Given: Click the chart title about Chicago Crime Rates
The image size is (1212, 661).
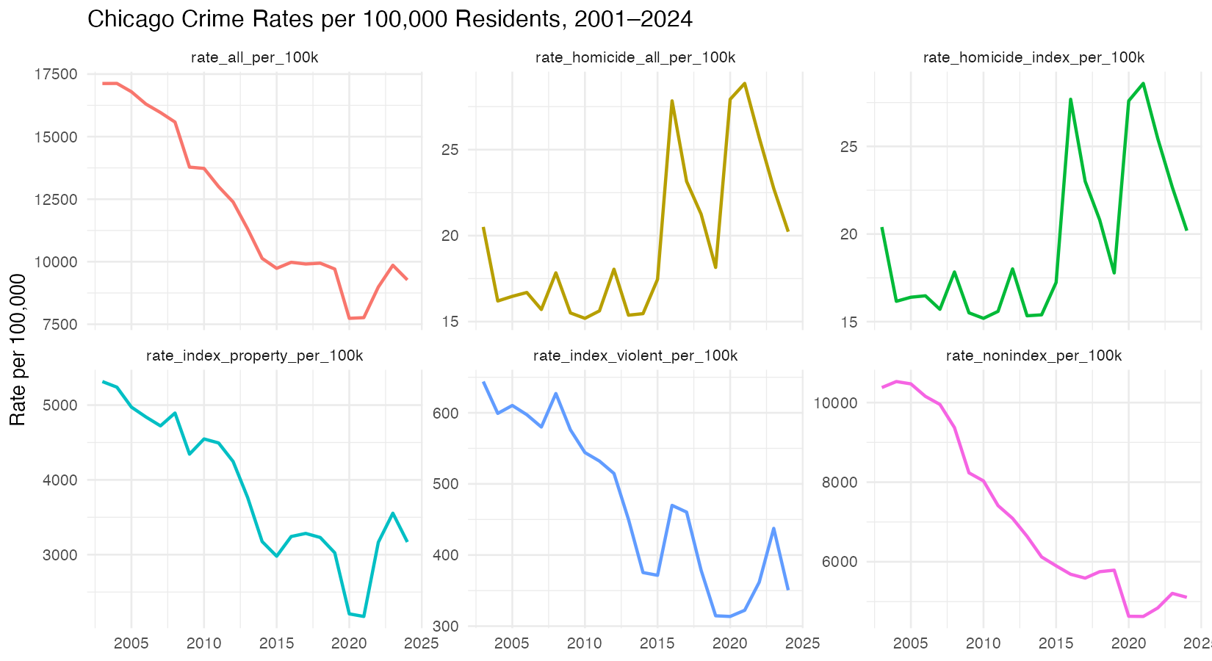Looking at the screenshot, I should (x=389, y=19).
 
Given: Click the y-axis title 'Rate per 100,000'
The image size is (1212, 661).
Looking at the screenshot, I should (x=18, y=350).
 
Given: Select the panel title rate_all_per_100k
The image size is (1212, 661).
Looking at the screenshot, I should (x=254, y=58).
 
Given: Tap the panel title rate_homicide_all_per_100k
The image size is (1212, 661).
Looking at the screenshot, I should (x=635, y=58).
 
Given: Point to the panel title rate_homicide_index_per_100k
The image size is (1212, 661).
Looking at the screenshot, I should (x=1034, y=58).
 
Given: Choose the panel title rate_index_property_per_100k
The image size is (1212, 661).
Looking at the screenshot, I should (x=254, y=356).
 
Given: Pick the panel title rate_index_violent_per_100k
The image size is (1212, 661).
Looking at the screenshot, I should (x=635, y=356).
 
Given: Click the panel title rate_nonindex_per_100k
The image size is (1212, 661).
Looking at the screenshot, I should (x=1034, y=356).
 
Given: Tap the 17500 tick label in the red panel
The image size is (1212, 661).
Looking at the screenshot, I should (x=56, y=74).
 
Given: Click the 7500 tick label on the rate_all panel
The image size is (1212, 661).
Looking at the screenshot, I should (x=59, y=325).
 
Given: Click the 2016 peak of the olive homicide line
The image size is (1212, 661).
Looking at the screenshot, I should (x=672, y=101).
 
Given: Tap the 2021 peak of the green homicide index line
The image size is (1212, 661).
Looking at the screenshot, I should (x=1144, y=83).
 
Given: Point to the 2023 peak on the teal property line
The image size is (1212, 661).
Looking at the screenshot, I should (x=393, y=513).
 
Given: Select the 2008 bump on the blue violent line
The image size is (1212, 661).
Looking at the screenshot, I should (x=556, y=394).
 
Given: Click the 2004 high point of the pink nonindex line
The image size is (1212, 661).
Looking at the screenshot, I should (x=896, y=381).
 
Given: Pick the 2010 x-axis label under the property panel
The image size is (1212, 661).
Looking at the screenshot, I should (x=203, y=643).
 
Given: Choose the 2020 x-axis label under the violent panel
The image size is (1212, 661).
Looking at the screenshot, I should (x=729, y=643).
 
